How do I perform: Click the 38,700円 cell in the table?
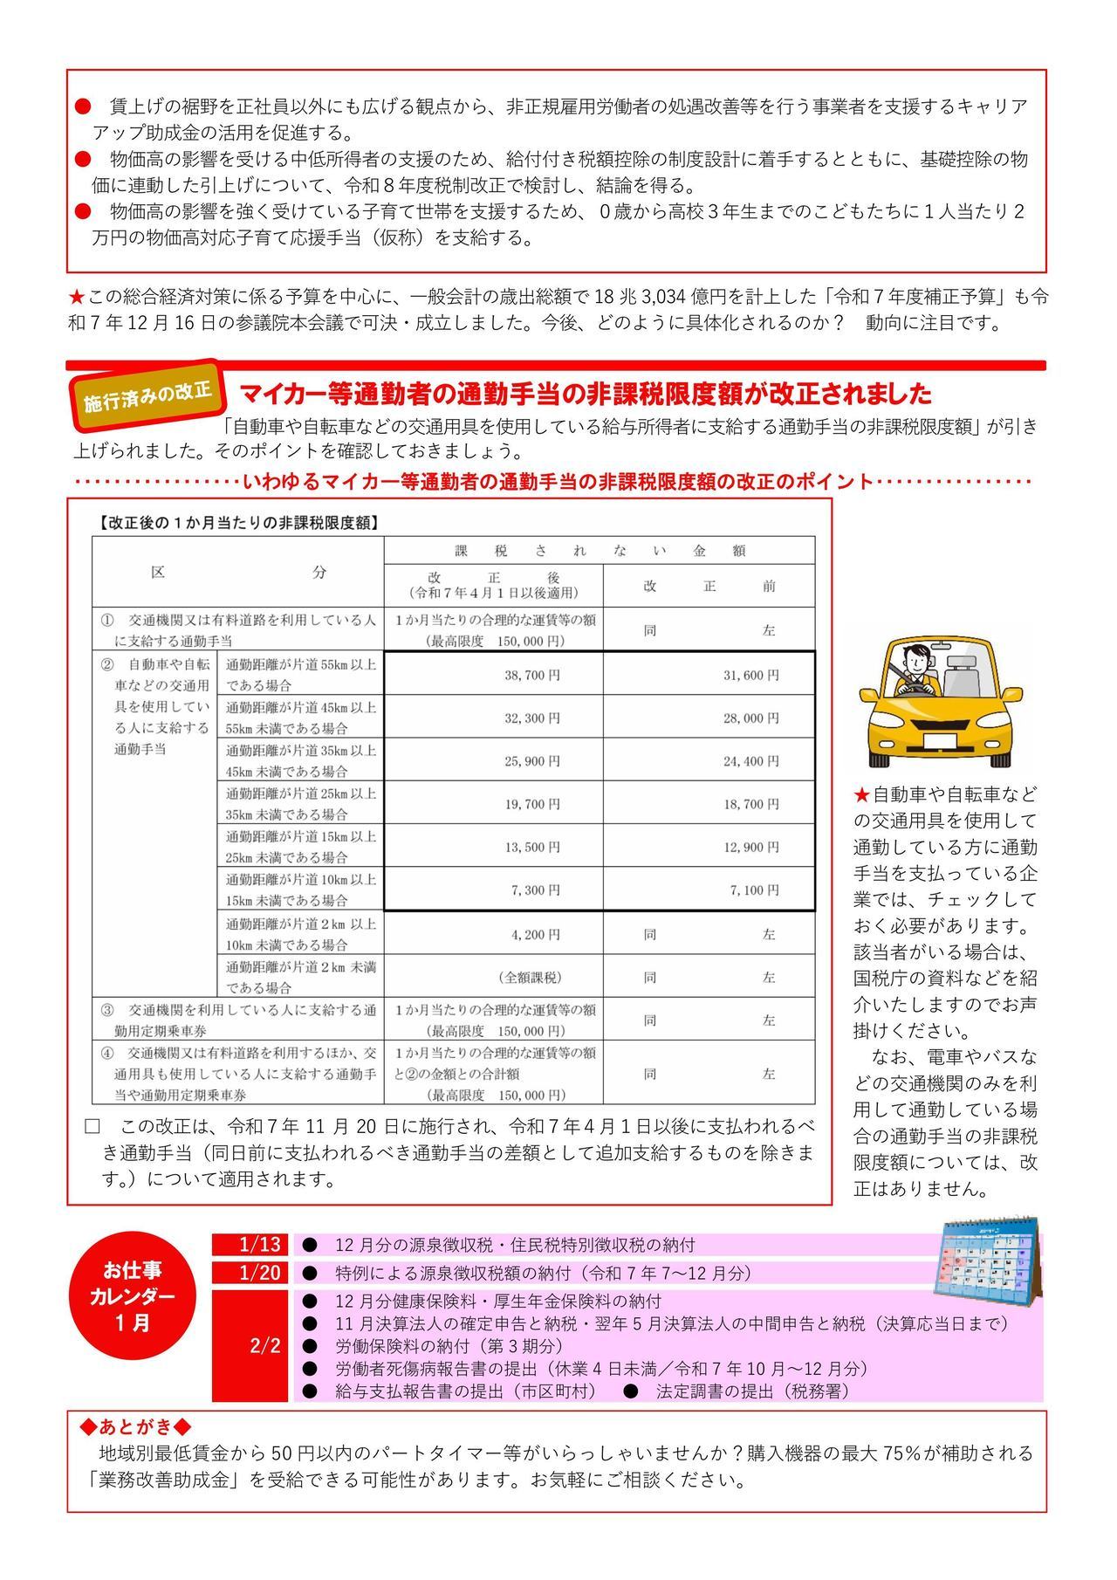pos(532,675)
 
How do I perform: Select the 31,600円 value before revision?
pos(750,675)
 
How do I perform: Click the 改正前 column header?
pos(709,587)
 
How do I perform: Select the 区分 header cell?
pos(238,573)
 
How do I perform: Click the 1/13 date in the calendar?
pos(260,1244)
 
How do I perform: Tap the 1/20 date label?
pos(260,1273)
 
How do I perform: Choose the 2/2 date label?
pos(264,1345)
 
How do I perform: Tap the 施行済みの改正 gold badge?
pos(147,396)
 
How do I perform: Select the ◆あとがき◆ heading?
pos(134,1427)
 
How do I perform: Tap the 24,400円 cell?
pos(750,761)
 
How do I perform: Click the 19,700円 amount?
pos(532,804)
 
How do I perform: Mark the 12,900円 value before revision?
pos(750,848)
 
